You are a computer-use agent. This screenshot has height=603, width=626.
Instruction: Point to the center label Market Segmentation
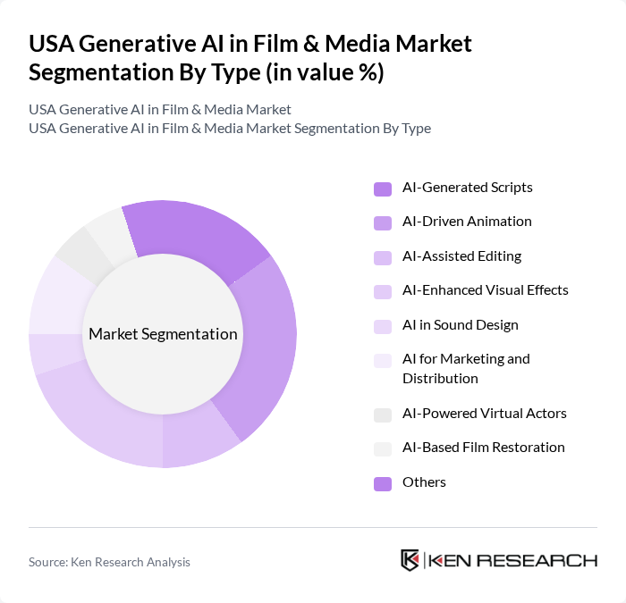coord(163,334)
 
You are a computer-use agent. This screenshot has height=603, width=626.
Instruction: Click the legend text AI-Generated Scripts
coord(467,188)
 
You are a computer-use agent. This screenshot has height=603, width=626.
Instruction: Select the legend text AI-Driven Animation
coord(467,222)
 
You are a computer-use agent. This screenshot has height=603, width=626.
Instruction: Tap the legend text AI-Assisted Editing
coord(461,256)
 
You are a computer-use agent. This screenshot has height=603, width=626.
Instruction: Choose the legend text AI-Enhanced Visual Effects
coord(485,290)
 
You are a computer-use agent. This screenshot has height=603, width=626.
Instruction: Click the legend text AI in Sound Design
coord(460,325)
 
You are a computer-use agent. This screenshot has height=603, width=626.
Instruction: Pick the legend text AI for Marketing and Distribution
coord(466,368)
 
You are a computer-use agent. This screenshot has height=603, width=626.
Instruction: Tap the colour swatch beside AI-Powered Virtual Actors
coord(382,415)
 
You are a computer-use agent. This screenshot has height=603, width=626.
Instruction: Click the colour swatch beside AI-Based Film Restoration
coord(382,448)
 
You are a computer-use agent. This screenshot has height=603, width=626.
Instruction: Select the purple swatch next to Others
coord(382,483)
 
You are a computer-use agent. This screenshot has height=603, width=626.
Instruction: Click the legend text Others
coord(424,482)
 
